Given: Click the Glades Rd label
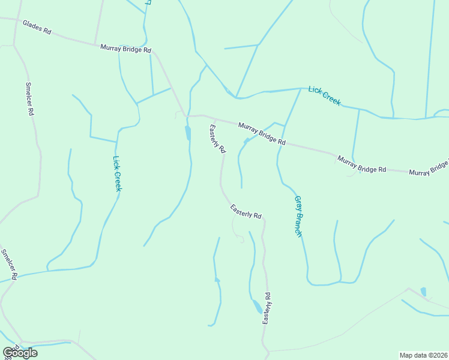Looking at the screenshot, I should coord(37,27).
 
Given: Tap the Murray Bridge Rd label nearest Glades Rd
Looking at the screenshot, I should coord(125,49).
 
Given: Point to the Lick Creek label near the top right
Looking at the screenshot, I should coord(324,96).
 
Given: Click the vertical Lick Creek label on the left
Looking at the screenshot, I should coord(118,173).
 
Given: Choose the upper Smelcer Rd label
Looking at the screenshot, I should coord(29,98).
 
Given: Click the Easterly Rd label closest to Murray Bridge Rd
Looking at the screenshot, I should coord(217,138).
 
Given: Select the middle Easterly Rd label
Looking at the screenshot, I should coord(246,211).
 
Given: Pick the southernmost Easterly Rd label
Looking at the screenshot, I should coord(267,308).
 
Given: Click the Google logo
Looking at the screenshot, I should coord(20,353).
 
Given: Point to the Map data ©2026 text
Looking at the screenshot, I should coord(423,355).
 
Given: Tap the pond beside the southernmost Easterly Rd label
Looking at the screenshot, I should coord(257,307).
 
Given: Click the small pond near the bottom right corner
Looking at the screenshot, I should coord(424,292).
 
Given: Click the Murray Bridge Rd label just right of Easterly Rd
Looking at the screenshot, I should coord(262,134).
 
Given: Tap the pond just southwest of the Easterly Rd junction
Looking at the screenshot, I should coord(188,133).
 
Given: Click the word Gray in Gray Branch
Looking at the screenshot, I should coord(297,205).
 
